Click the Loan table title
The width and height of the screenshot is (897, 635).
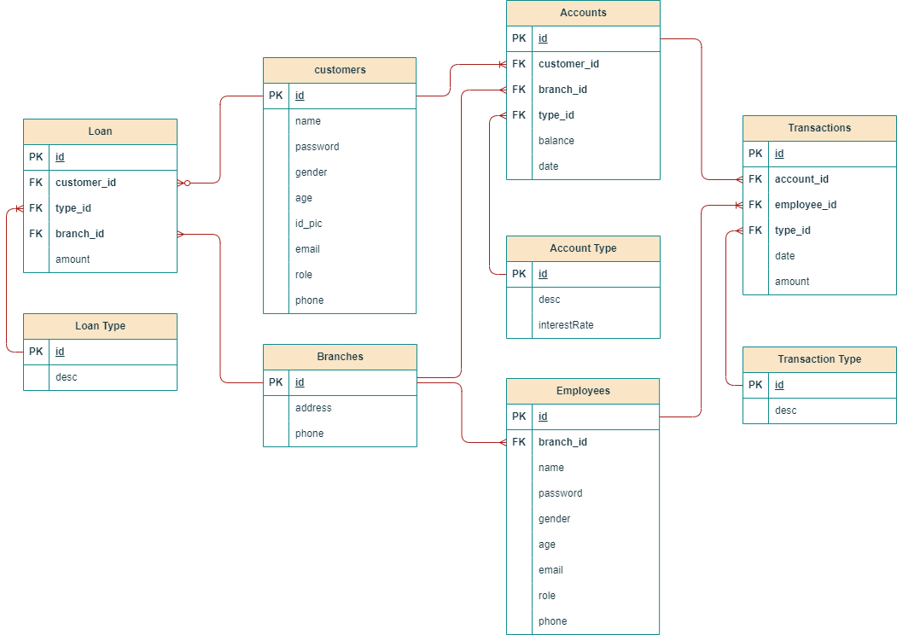100,131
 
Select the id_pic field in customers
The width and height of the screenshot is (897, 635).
308,224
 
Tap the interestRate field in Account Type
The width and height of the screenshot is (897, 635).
565,325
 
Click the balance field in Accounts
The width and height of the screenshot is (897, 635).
556,141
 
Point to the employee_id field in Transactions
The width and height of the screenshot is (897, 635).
805,205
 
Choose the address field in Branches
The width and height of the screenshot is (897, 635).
313,408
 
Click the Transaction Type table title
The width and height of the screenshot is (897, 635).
819,359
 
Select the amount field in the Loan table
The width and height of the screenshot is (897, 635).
73,259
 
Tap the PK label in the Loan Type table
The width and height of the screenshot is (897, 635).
36,352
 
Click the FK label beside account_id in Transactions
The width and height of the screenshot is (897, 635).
755,179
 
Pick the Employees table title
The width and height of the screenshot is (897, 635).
583,391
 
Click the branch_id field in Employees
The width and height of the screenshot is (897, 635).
562,442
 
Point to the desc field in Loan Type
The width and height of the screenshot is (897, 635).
66,377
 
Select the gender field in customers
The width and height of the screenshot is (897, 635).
312,172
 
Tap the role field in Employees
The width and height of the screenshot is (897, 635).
546,596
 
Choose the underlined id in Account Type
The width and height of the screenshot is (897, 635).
543,274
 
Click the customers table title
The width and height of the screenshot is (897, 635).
340,70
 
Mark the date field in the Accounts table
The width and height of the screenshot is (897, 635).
548,166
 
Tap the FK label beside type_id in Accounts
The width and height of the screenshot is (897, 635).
519,115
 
